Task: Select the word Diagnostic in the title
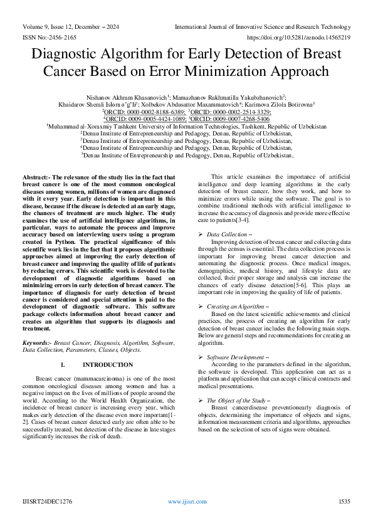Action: tap(74, 55)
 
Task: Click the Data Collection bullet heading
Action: tap(229, 233)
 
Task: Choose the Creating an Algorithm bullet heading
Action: tap(234, 306)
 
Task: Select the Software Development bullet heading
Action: tap(236, 357)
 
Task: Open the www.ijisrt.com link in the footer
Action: tap(187, 502)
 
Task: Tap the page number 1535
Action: tap(344, 502)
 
